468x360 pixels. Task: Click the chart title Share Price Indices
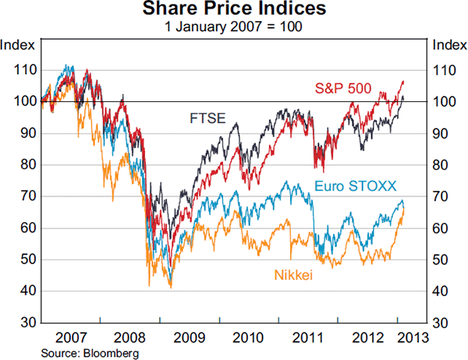234,10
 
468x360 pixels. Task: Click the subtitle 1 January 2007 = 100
234,26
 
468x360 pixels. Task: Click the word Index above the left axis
18,44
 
